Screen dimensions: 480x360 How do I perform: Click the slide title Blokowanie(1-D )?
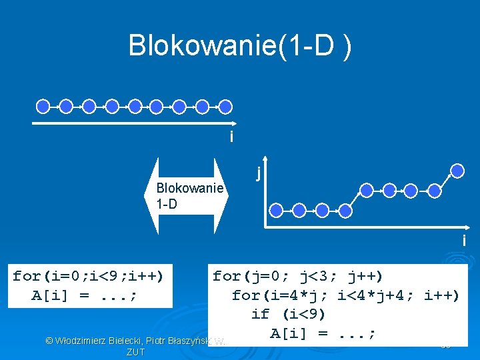[x=240, y=46]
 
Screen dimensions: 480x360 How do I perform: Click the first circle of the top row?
[x=43, y=105]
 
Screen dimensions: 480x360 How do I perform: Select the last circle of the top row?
[x=225, y=105]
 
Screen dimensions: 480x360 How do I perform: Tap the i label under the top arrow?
[x=231, y=137]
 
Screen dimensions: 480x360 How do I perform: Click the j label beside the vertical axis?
[x=257, y=173]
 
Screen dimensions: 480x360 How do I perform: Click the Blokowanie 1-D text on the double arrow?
[x=189, y=196]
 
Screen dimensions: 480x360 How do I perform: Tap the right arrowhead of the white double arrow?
[x=225, y=196]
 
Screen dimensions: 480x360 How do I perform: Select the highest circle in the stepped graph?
[x=456, y=170]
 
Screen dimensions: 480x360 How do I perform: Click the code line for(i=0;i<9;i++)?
[x=88, y=276]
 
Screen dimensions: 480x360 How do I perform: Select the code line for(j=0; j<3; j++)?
[x=297, y=276]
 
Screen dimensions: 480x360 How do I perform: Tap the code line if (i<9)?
[x=288, y=314]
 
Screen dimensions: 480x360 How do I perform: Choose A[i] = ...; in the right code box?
[x=323, y=333]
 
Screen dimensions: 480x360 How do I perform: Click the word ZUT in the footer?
[x=135, y=352]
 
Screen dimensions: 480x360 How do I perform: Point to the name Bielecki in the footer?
[x=122, y=341]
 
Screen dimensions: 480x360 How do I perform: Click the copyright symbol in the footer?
[x=49, y=341]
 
